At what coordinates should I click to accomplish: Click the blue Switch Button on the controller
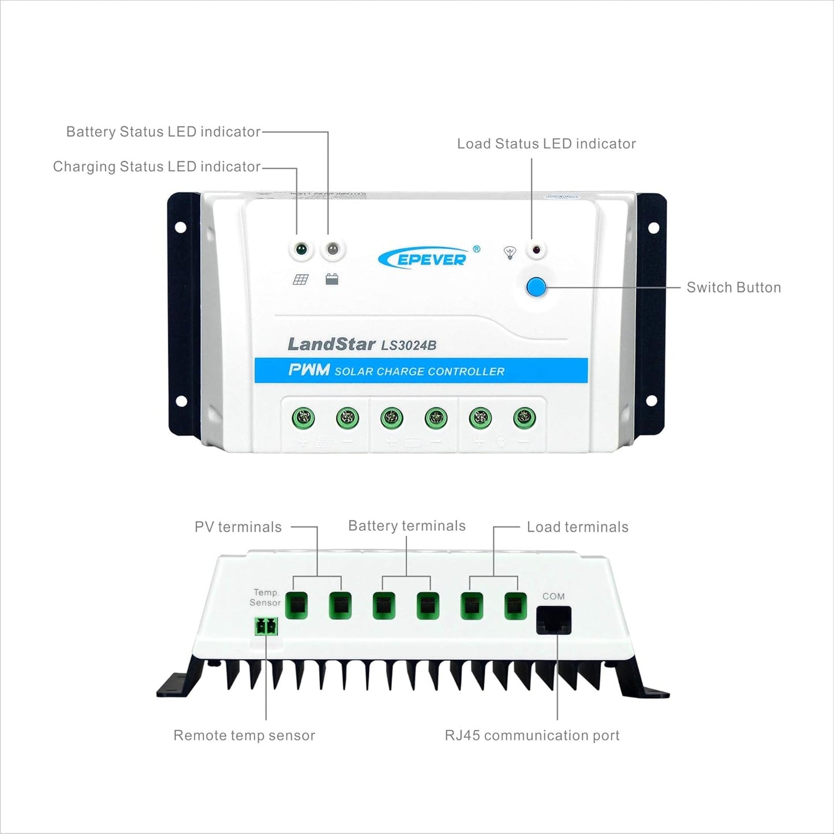click(536, 287)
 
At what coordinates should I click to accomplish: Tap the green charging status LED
click(301, 249)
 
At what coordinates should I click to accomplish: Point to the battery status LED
click(332, 249)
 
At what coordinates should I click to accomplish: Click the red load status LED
click(536, 250)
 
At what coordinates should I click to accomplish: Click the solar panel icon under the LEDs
click(300, 279)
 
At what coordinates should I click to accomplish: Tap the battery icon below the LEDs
click(332, 279)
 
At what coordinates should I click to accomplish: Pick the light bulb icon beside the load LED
click(510, 253)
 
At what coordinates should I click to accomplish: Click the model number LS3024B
click(409, 345)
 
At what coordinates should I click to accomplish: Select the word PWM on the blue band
click(309, 370)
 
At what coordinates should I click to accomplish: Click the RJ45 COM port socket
click(553, 620)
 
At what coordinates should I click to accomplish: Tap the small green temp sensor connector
click(266, 626)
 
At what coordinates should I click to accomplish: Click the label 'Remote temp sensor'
click(244, 735)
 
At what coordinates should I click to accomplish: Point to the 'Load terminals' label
click(577, 527)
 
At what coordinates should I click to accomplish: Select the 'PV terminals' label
click(238, 527)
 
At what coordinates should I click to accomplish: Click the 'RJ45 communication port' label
click(532, 735)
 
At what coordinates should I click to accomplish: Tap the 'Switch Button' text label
click(734, 287)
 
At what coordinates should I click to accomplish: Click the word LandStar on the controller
click(331, 344)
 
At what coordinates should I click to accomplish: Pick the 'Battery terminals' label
click(407, 526)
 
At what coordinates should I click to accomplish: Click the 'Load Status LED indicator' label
click(546, 144)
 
